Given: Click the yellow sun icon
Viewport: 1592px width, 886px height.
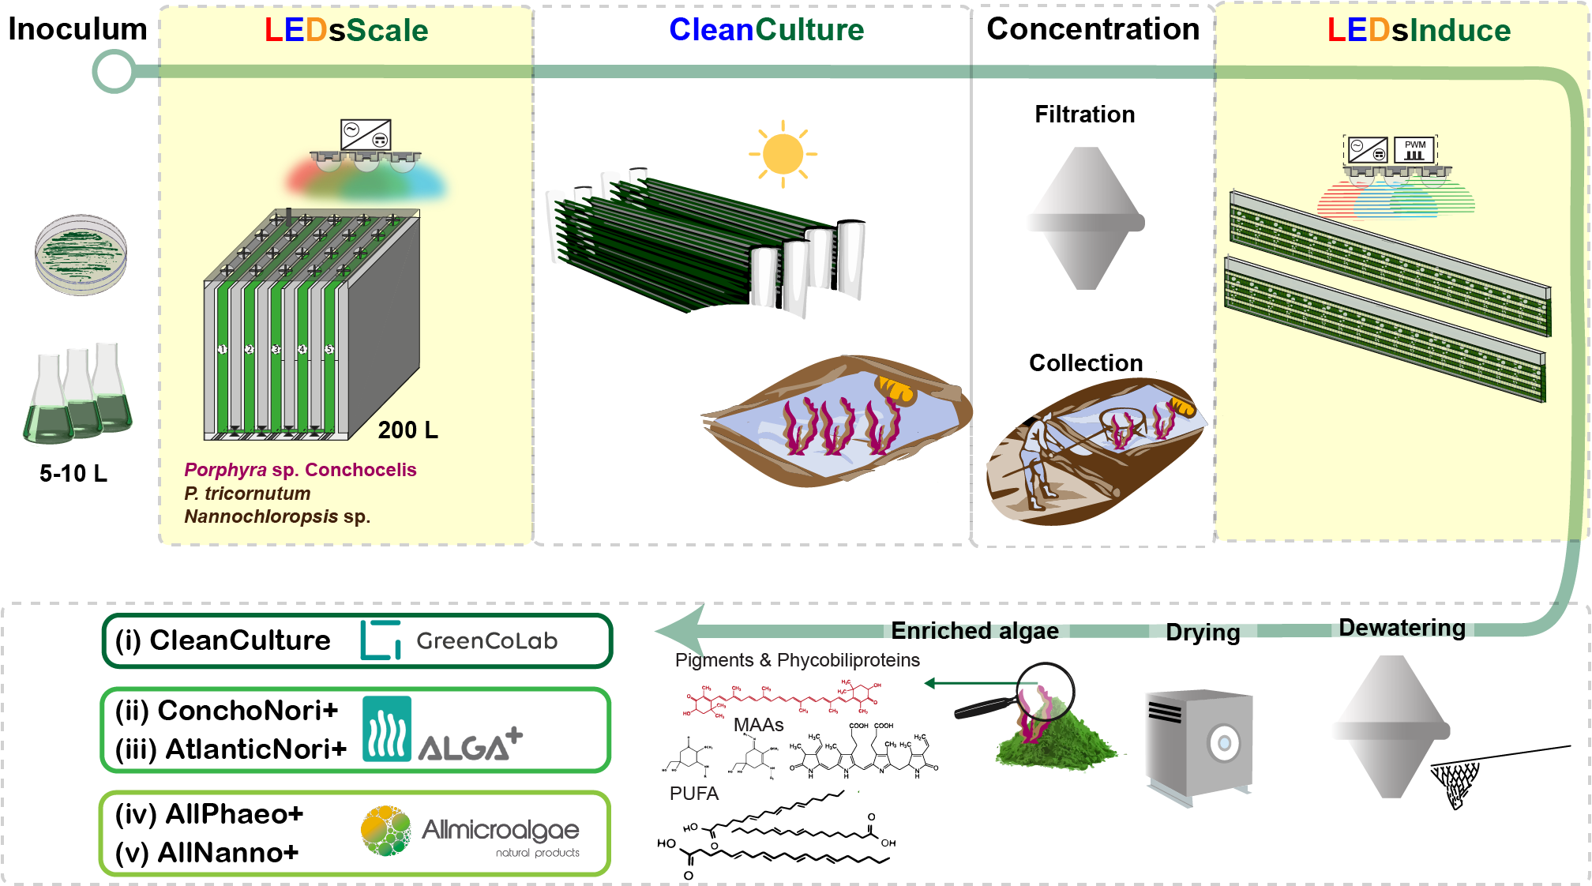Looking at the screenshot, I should (x=783, y=154).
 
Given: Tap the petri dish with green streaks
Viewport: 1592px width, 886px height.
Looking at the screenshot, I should (x=81, y=254).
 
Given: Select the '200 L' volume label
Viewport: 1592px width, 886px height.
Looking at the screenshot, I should (x=407, y=430).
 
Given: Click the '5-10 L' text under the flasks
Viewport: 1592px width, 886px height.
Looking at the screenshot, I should (x=73, y=474).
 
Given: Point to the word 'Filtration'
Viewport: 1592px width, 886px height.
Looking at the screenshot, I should (x=1085, y=115).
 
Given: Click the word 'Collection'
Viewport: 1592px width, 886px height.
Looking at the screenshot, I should (x=1086, y=363).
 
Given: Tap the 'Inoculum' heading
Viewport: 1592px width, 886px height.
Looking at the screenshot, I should (x=77, y=29).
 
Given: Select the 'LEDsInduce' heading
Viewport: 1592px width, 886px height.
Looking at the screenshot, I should (x=1419, y=30).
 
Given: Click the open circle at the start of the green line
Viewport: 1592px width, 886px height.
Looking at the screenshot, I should (x=114, y=72).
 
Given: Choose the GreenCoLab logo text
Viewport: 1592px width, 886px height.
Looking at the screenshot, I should (x=486, y=640).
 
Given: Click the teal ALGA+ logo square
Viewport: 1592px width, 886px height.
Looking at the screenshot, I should (x=386, y=728).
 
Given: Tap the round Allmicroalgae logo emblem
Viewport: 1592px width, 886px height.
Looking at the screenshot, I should (x=386, y=831).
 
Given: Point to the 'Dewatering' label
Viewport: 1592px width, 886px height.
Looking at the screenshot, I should (x=1402, y=628).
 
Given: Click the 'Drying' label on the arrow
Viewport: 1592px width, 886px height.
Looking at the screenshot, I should (x=1203, y=633).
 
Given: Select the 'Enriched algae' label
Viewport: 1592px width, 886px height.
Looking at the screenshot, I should (x=974, y=631).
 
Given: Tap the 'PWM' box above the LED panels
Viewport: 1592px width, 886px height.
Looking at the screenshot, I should (x=1414, y=149).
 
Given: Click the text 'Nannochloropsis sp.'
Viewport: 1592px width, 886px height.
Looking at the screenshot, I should (x=277, y=516).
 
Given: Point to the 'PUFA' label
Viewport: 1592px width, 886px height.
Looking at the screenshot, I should (x=694, y=794).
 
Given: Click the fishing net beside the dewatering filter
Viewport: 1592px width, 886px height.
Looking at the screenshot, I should (x=1457, y=783).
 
